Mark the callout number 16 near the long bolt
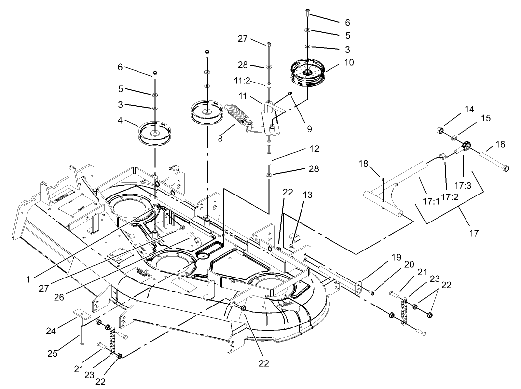click(x=500, y=145)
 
